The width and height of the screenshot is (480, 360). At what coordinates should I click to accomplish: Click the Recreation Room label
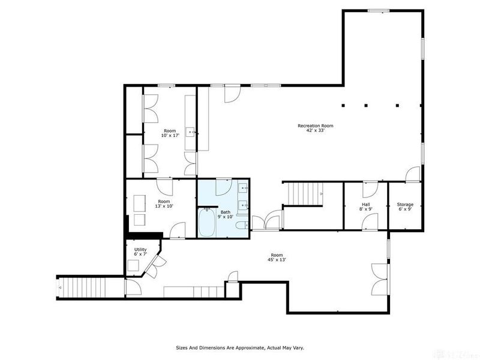pyautogui.click(x=315, y=125)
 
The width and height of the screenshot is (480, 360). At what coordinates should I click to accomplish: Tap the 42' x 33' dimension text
pyautogui.click(x=315, y=130)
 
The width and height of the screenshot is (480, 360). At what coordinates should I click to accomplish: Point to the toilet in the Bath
pyautogui.click(x=241, y=226)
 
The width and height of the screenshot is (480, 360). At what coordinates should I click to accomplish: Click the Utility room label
pyautogui.click(x=140, y=249)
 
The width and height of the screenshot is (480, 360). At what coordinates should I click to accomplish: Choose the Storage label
pyautogui.click(x=405, y=205)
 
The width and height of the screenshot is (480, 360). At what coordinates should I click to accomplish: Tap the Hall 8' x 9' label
pyautogui.click(x=365, y=207)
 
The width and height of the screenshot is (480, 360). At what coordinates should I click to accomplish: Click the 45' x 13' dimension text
pyautogui.click(x=277, y=260)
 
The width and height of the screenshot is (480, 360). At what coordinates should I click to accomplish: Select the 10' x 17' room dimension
pyautogui.click(x=170, y=136)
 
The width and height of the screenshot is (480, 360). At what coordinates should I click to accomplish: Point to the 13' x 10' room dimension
pyautogui.click(x=164, y=206)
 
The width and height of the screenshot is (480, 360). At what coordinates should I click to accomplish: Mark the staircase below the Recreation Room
pyautogui.click(x=303, y=194)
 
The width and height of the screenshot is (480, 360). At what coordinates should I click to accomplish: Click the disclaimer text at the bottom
pyautogui.click(x=239, y=347)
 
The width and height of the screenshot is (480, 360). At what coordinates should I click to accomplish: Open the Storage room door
pyautogui.click(x=412, y=175)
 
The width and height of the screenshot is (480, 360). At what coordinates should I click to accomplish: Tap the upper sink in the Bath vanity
pyautogui.click(x=244, y=190)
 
